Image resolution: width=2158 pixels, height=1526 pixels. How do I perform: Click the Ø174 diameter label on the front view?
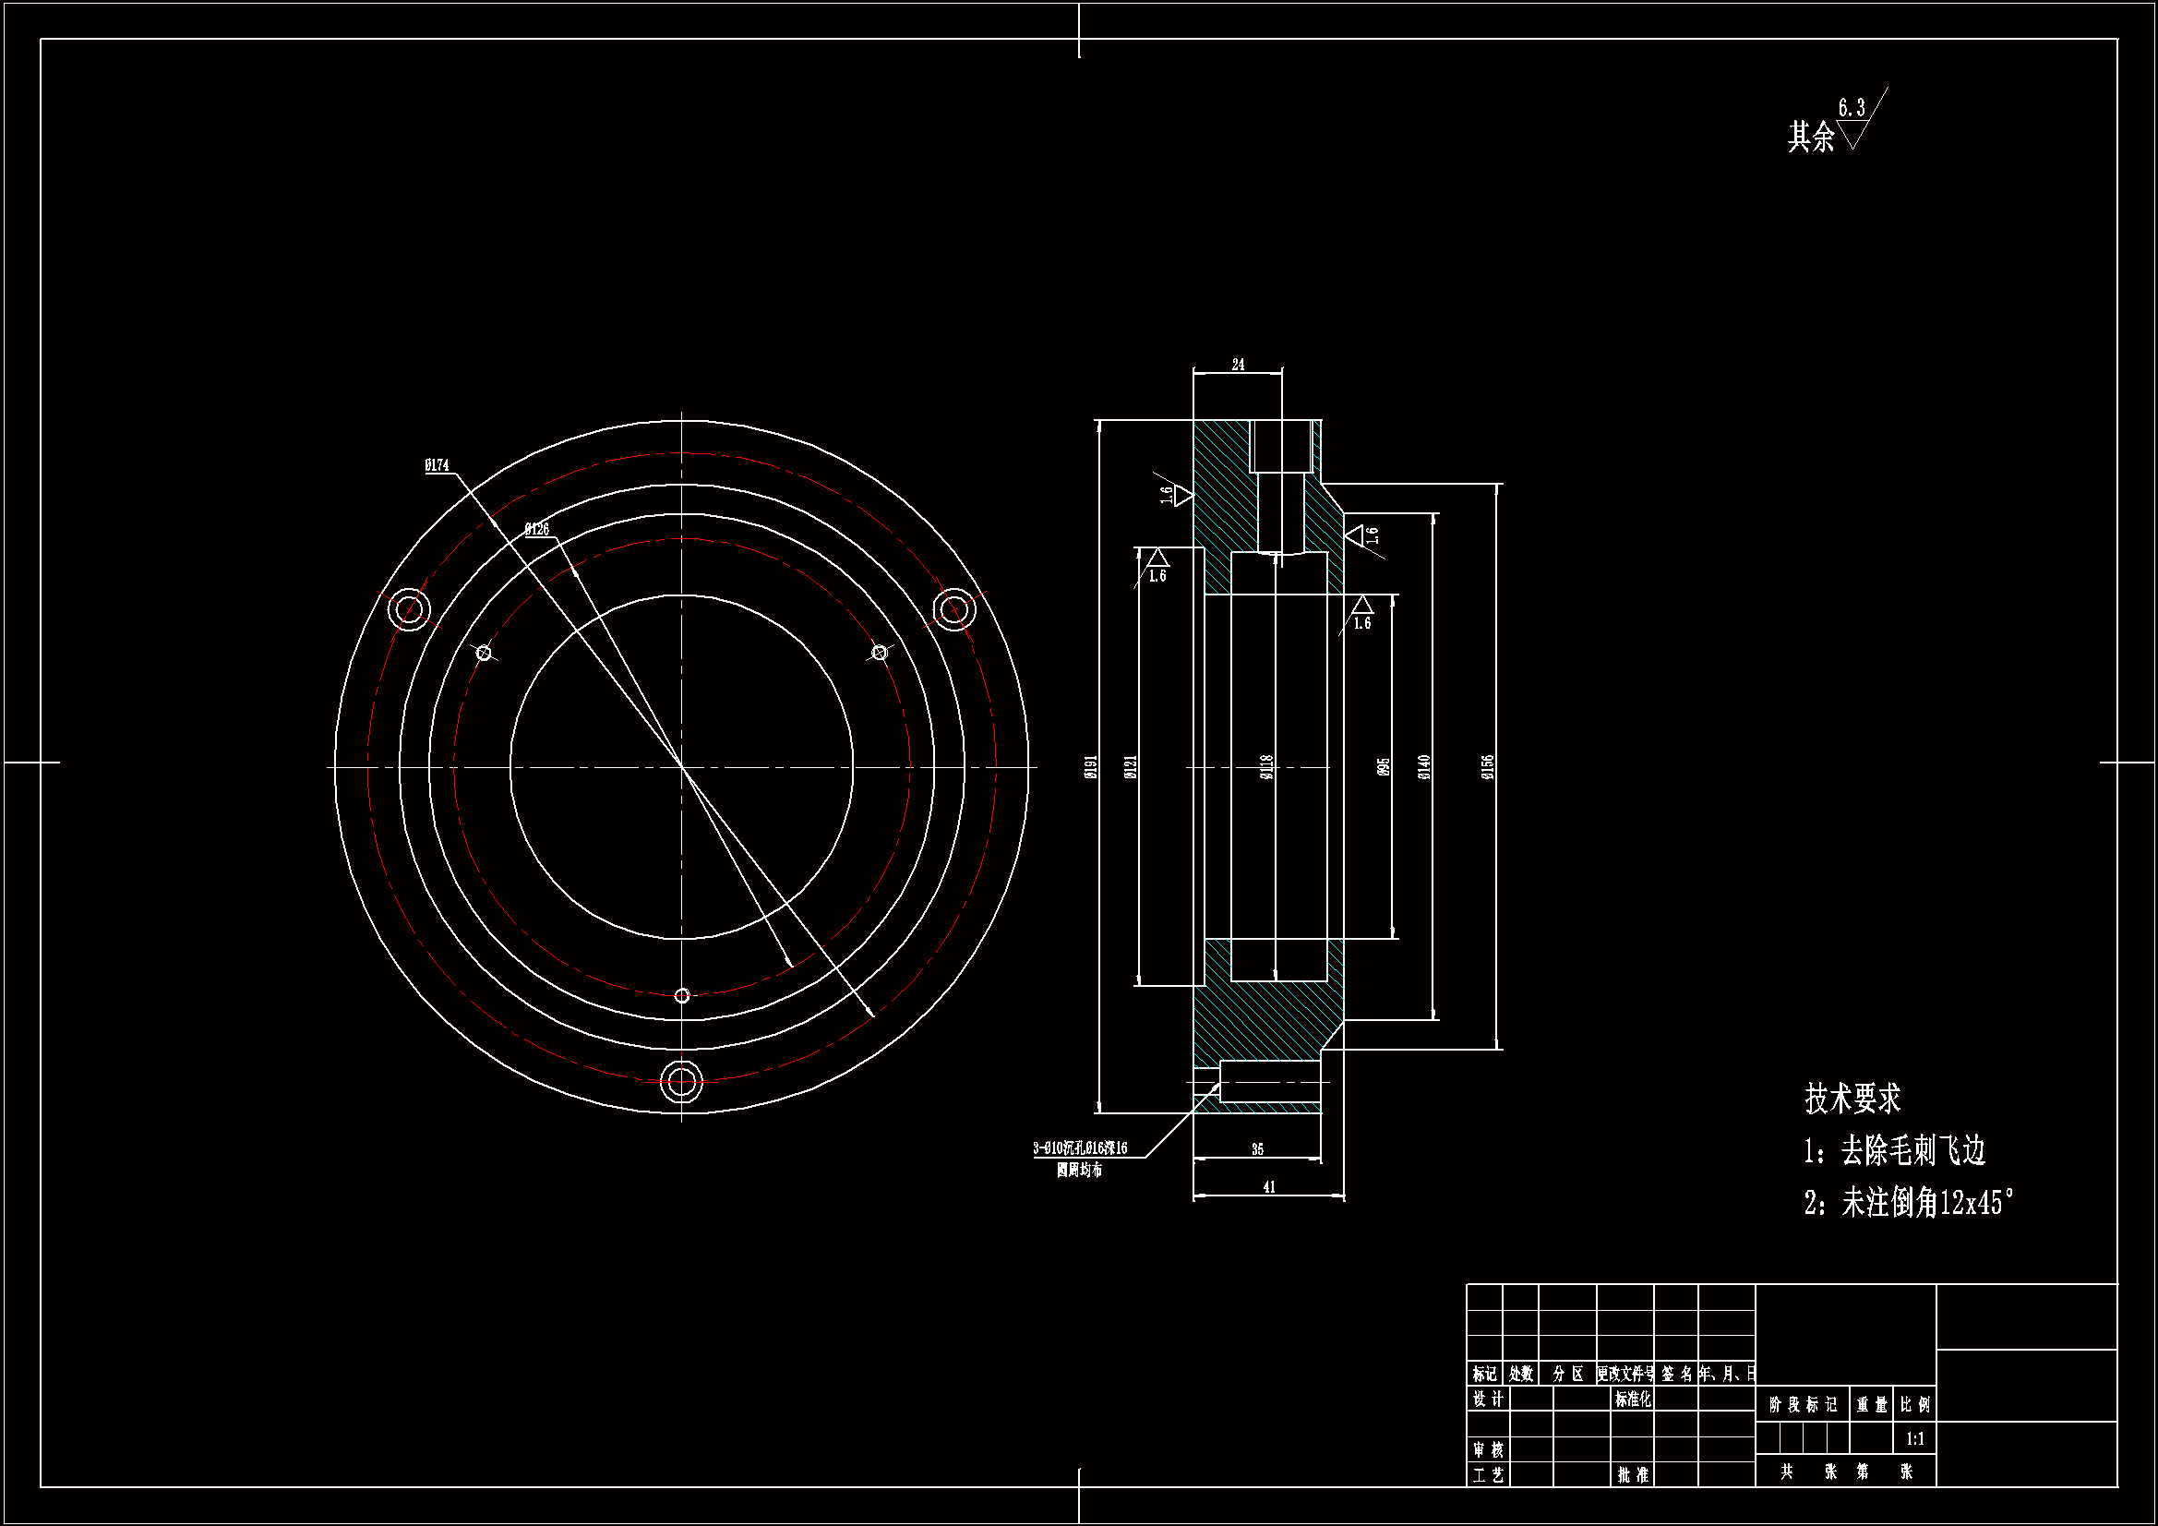tap(438, 465)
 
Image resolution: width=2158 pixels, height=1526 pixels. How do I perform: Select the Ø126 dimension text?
tap(536, 529)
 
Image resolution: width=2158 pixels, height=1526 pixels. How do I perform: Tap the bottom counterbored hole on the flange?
tap(681, 1081)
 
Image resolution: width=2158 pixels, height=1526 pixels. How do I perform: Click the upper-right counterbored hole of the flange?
tap(954, 609)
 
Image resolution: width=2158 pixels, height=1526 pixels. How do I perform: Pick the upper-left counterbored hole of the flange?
tap(409, 609)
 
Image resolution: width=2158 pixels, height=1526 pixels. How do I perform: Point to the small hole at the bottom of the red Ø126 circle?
tap(682, 996)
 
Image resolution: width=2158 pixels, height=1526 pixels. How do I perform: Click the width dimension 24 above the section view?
tap(1238, 365)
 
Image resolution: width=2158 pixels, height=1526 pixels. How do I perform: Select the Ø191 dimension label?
tap(1091, 766)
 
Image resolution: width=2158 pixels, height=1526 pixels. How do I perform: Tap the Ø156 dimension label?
tap(1488, 766)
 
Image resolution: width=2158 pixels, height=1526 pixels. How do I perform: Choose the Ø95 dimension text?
tap(1384, 767)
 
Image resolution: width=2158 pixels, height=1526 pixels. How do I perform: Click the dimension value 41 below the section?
tap(1269, 1187)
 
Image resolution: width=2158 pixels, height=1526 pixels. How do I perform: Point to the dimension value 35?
tap(1257, 1149)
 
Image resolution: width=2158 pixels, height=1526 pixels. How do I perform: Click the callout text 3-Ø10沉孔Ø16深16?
tap(1080, 1148)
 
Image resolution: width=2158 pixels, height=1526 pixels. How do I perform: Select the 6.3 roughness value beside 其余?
tap(1852, 108)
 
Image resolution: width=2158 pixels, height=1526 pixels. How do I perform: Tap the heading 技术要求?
tap(1852, 1099)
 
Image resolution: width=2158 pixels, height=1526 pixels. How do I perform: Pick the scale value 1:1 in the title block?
tap(1914, 1438)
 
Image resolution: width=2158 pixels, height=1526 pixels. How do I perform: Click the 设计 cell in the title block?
tap(1487, 1400)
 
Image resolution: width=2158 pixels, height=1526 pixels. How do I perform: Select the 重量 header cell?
tap(1871, 1405)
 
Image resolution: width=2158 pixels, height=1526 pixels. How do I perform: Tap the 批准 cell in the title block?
tap(1633, 1475)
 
